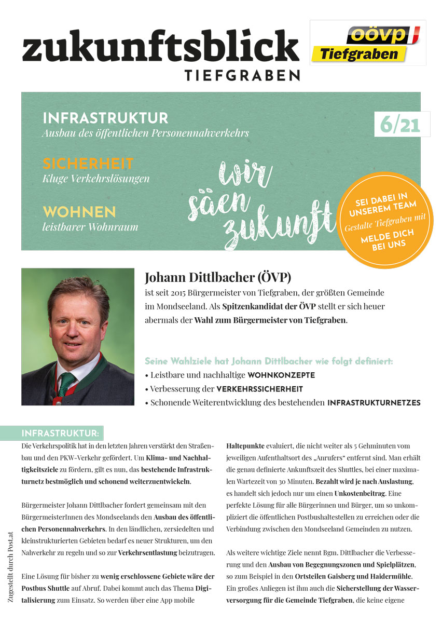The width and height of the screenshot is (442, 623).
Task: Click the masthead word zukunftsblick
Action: (x=160, y=46)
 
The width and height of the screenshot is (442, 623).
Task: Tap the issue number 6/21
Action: (x=399, y=125)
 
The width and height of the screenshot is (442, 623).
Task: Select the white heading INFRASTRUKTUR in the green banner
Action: (x=105, y=118)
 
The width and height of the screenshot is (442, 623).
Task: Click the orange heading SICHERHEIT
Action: (x=88, y=164)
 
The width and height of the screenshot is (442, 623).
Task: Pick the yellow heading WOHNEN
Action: (x=79, y=212)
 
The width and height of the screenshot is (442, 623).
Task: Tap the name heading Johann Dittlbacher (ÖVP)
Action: (x=214, y=277)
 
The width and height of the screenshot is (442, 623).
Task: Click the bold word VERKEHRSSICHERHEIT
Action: (x=259, y=388)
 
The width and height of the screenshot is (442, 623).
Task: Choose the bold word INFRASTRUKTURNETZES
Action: (x=374, y=402)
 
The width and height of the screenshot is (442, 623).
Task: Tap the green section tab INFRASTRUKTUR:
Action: (x=60, y=433)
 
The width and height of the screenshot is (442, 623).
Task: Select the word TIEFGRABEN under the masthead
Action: (x=242, y=75)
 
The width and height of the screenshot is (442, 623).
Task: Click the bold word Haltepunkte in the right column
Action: (x=245, y=445)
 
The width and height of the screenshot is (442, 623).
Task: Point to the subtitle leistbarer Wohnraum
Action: (x=90, y=226)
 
